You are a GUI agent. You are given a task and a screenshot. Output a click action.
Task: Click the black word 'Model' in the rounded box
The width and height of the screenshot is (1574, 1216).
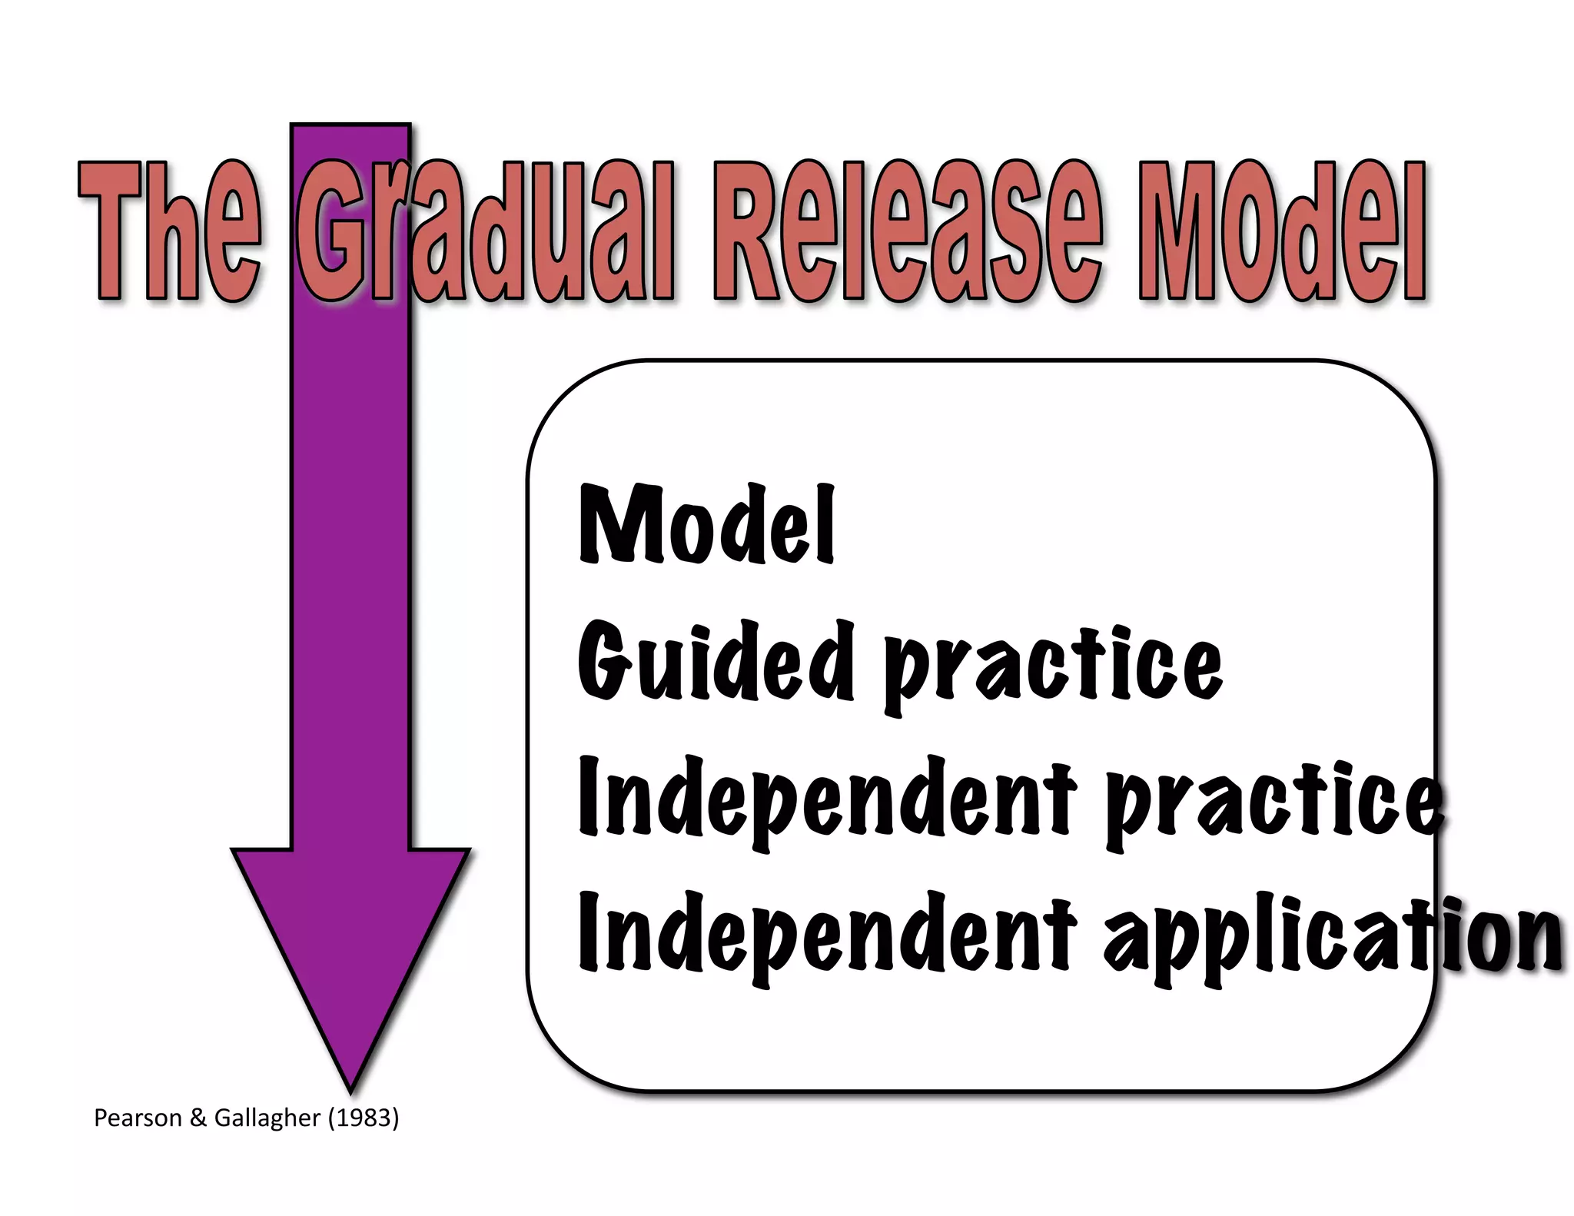(706, 527)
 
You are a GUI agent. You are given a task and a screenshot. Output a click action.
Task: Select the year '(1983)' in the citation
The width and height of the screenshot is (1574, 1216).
(364, 1118)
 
